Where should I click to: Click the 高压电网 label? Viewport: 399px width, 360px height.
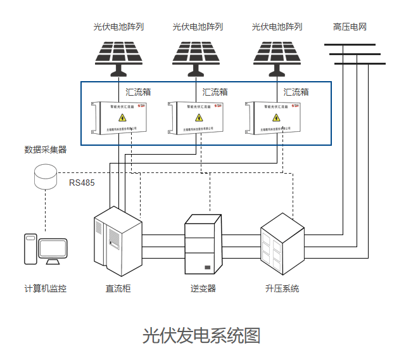click(x=350, y=27)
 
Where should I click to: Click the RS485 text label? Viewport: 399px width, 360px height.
click(x=82, y=183)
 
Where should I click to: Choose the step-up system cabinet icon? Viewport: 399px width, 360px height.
click(x=282, y=241)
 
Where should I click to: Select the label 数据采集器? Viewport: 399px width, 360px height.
click(x=45, y=150)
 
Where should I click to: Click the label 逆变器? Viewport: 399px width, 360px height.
click(x=203, y=288)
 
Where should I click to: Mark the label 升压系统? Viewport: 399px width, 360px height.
click(x=282, y=288)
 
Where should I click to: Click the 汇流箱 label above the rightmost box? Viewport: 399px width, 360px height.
click(x=296, y=92)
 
